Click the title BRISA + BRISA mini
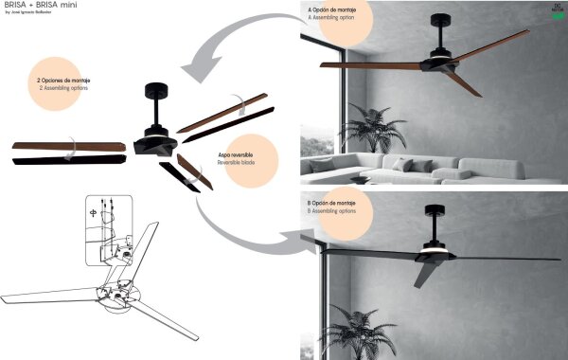coord(35,7)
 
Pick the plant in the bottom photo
coord(358,333)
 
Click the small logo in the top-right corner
coord(555,11)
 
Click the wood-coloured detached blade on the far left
coord(68,147)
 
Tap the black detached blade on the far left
coord(68,159)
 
